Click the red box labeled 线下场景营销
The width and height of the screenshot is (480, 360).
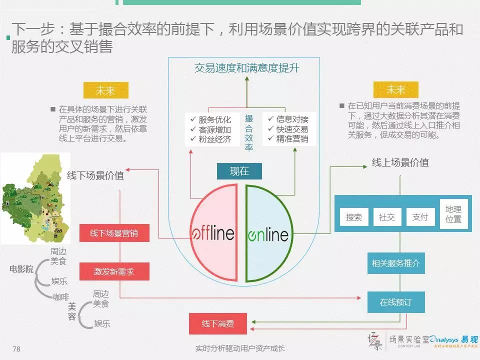pyautogui.click(x=114, y=233)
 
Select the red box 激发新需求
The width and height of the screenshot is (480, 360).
pyautogui.click(x=114, y=272)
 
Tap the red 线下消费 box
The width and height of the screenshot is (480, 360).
pyautogui.click(x=218, y=323)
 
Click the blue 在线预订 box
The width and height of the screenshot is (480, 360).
pyautogui.click(x=395, y=302)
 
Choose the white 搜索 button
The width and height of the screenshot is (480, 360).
pyautogui.click(x=354, y=217)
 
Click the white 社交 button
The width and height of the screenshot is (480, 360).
pyautogui.click(x=387, y=217)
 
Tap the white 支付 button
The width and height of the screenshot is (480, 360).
pyautogui.click(x=420, y=217)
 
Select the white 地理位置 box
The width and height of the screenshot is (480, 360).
pyautogui.click(x=453, y=214)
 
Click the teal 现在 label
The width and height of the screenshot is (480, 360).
pyautogui.click(x=239, y=171)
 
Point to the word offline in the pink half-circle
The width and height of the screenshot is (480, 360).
pyautogui.click(x=213, y=233)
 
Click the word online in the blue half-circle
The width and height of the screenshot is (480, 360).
pyautogui.click(x=268, y=234)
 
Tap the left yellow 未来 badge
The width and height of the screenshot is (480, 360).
pyautogui.click(x=105, y=90)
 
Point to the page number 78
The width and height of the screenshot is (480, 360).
pyautogui.click(x=16, y=348)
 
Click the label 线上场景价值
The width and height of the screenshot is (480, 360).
pyautogui.click(x=400, y=163)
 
